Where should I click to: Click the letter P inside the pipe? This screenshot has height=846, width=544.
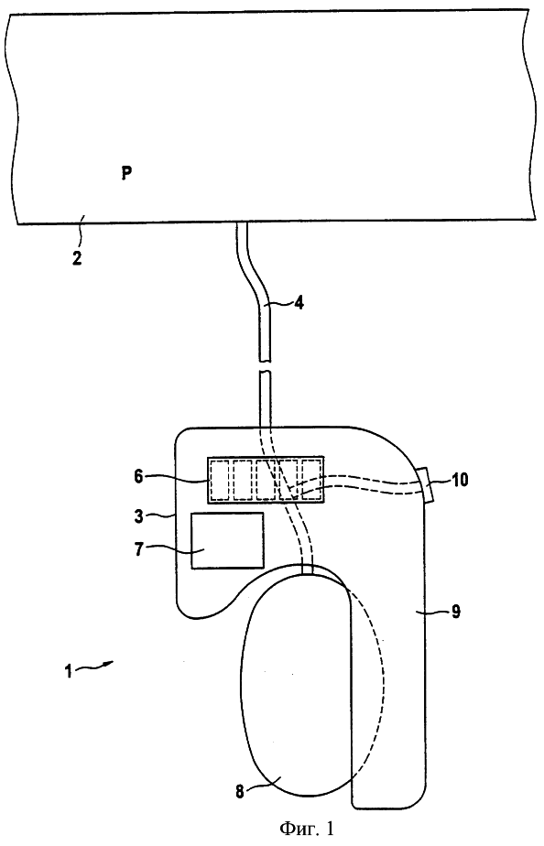click(126, 173)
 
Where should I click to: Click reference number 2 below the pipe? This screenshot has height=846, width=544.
click(77, 257)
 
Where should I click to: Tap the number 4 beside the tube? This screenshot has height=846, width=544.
click(299, 303)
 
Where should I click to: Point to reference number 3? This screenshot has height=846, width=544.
click(139, 515)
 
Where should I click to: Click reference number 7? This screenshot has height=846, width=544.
click(139, 551)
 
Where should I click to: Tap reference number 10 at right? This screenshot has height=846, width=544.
click(461, 480)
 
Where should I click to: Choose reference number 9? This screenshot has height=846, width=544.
click(456, 613)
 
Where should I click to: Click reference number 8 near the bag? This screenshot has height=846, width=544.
click(240, 792)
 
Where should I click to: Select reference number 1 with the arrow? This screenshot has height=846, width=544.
click(68, 673)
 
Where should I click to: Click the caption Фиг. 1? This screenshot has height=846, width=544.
click(307, 828)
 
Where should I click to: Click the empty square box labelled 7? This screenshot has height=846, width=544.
click(228, 540)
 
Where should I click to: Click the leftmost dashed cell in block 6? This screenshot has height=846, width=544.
click(220, 480)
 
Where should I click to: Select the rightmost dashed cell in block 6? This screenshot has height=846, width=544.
click(311, 480)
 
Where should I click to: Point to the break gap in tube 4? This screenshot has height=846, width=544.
click(265, 365)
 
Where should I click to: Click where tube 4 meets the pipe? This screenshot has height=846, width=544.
click(241, 223)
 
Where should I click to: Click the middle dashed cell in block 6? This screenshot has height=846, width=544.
click(266, 480)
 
